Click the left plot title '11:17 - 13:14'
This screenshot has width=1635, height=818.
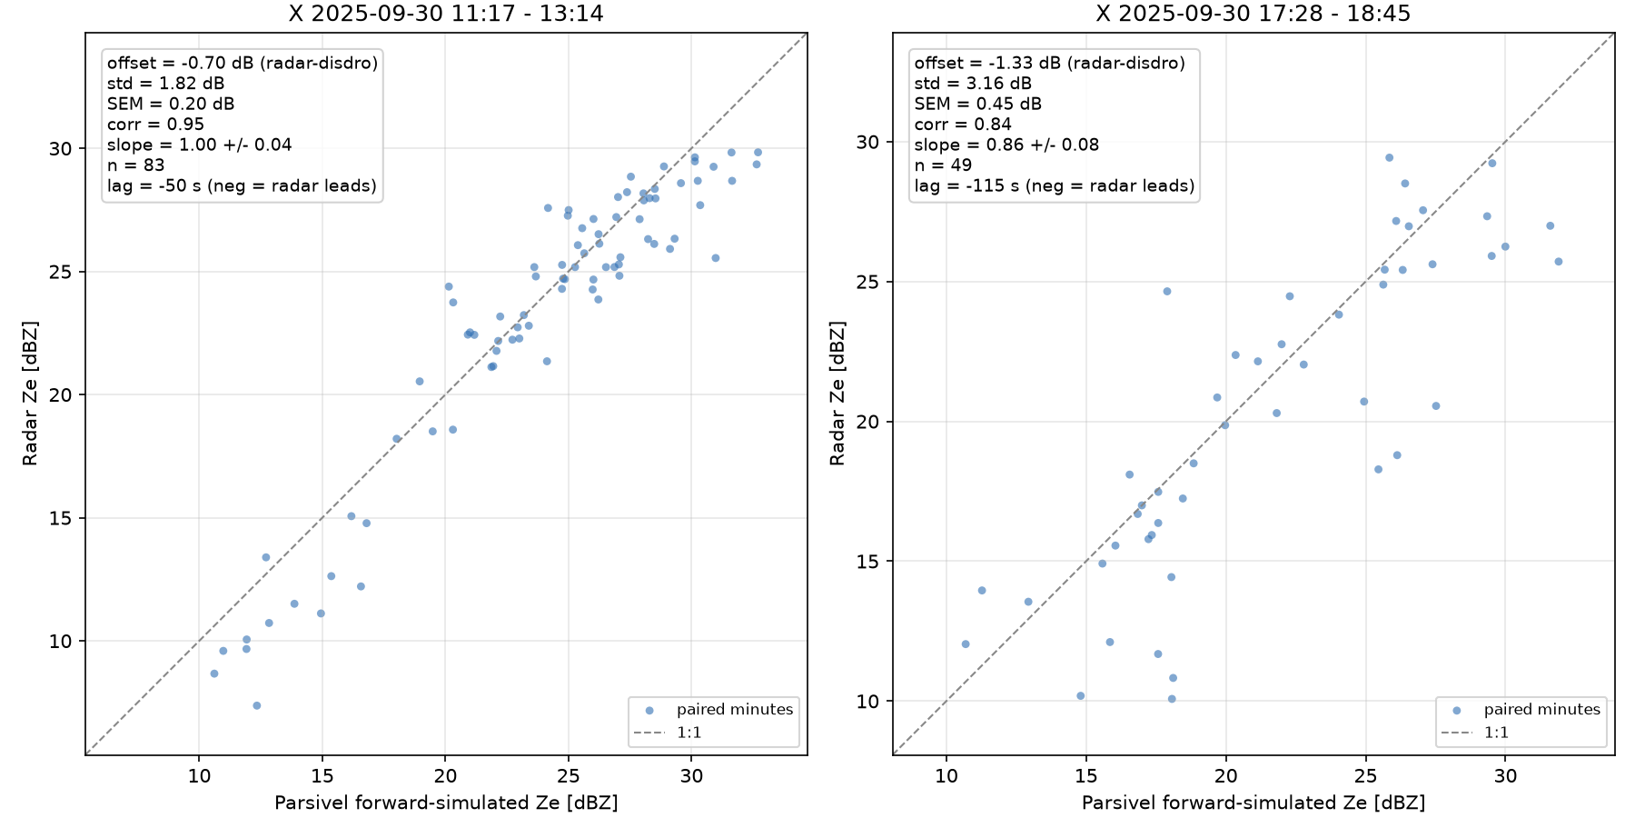click(519, 14)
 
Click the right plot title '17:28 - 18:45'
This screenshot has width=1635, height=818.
click(1327, 14)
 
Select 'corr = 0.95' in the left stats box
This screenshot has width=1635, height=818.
click(155, 125)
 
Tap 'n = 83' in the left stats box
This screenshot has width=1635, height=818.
click(136, 165)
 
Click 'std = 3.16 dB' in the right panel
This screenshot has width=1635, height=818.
click(973, 84)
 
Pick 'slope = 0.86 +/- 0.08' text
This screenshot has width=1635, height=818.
click(1006, 145)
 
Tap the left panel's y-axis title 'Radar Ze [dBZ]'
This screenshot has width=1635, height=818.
click(30, 393)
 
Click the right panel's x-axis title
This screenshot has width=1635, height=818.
click(1253, 803)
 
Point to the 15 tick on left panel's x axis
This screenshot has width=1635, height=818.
click(322, 775)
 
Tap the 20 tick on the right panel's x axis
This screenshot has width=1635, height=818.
click(1226, 775)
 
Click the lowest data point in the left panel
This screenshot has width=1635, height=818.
click(257, 705)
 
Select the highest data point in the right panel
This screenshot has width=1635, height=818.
click(1389, 157)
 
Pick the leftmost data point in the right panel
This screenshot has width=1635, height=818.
click(966, 644)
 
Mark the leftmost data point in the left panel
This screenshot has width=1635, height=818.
click(214, 673)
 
